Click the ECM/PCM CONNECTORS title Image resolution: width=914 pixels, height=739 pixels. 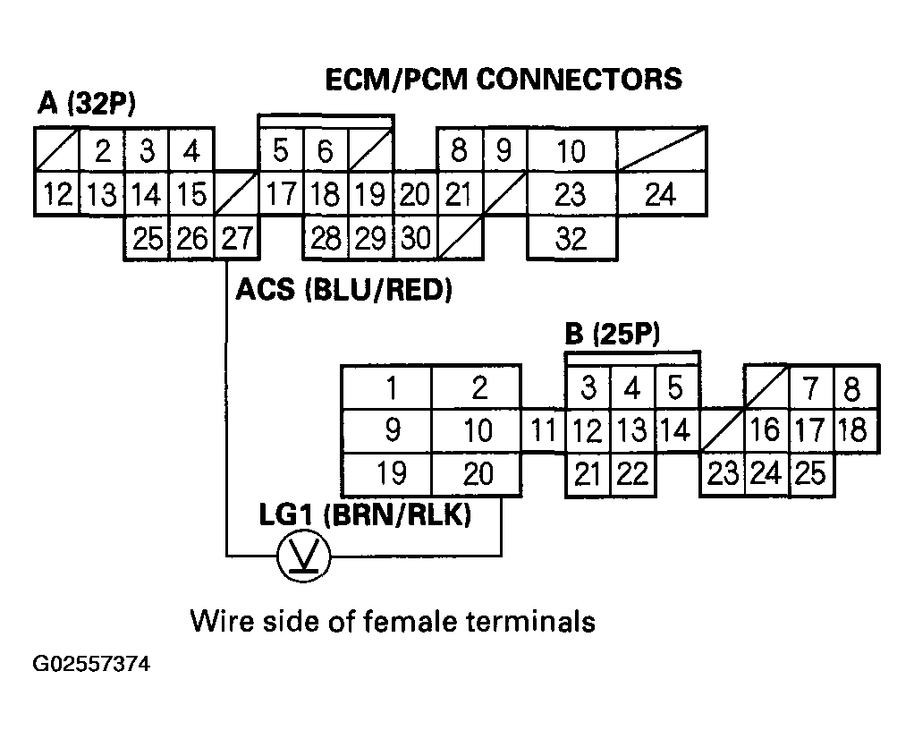[x=503, y=79]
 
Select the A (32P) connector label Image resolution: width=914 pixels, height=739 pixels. [x=86, y=106]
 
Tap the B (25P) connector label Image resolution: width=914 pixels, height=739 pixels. [x=613, y=336]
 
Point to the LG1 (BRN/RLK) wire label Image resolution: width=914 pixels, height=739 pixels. [x=365, y=516]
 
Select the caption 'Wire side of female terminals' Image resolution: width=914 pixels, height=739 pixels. [x=393, y=620]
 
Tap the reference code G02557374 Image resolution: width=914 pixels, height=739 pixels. [x=91, y=666]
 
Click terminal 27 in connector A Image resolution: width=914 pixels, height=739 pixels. [x=236, y=238]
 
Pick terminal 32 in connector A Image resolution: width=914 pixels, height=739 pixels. [x=571, y=238]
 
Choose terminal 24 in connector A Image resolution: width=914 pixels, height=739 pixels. [x=660, y=194]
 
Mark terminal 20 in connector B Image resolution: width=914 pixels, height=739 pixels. [x=478, y=473]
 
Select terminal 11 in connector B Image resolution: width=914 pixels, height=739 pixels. [x=544, y=431]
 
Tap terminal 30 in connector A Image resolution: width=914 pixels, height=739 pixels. [x=414, y=238]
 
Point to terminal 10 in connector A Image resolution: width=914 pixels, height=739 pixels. [x=571, y=150]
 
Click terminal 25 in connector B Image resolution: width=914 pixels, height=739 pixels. [x=810, y=473]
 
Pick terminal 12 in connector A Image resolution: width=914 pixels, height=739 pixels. [x=58, y=194]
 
